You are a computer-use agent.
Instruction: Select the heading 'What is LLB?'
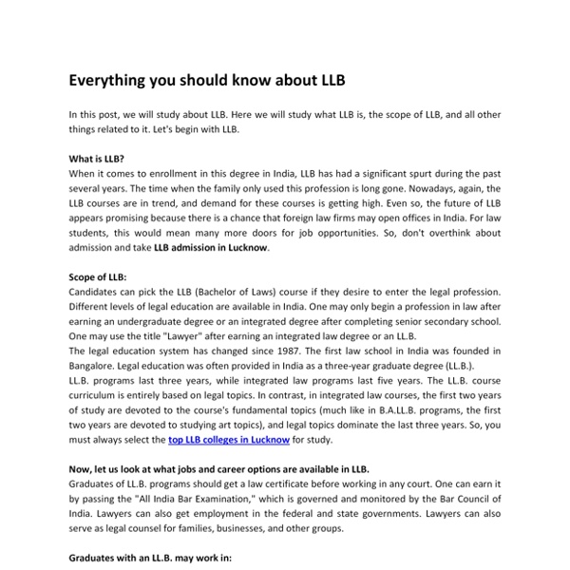(97, 160)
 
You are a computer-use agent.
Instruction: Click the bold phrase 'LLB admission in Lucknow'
(211, 248)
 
